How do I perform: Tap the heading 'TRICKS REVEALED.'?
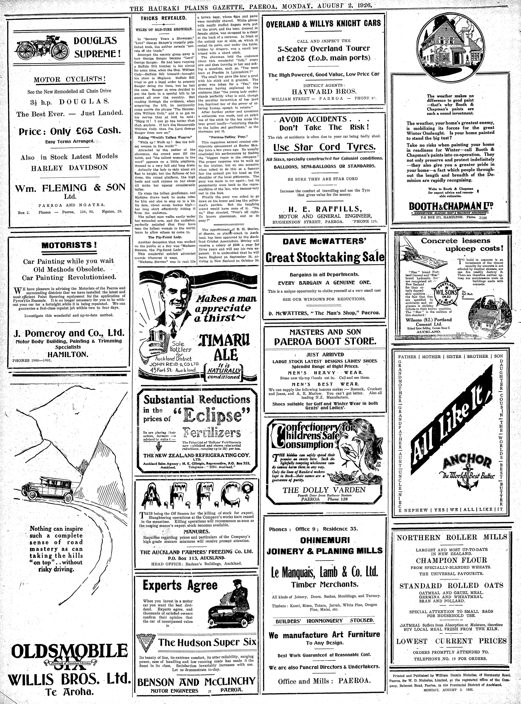163,18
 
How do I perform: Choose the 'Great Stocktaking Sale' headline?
325,257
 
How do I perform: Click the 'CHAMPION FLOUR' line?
452,560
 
